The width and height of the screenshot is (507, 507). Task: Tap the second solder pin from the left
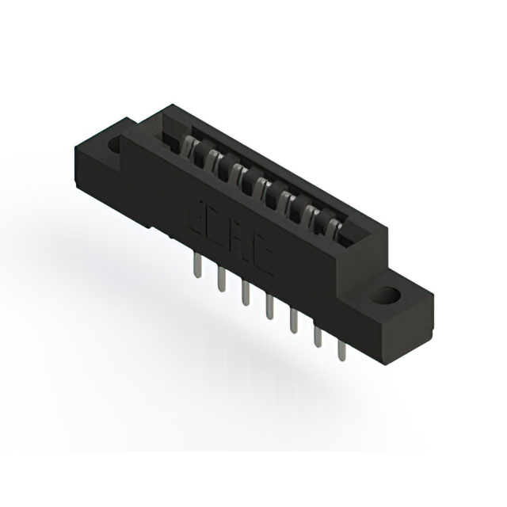tap(220, 281)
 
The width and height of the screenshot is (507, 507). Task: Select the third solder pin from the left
tap(244, 295)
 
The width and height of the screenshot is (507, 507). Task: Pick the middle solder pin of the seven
tap(269, 308)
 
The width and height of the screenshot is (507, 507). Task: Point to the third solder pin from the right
tap(293, 322)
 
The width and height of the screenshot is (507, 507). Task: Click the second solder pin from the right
tap(318, 337)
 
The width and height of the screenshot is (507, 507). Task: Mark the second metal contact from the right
tap(314, 215)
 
